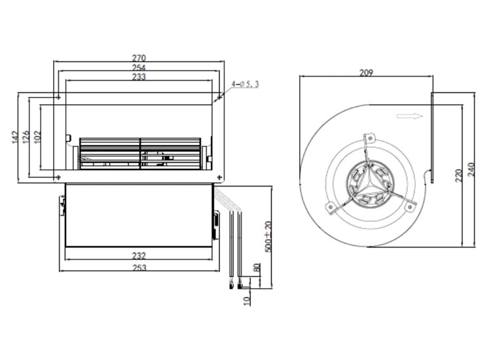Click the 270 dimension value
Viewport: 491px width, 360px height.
tap(139, 58)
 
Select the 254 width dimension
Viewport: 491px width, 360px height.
tap(139, 67)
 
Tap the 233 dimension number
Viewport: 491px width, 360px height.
tap(139, 77)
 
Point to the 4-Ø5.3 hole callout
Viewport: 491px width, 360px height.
tap(245, 84)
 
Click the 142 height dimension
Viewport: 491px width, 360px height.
tap(15, 137)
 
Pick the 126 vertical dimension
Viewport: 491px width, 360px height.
tap(26, 137)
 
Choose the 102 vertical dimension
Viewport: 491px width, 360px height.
tap(37, 137)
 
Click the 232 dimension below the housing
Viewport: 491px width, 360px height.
tap(139, 256)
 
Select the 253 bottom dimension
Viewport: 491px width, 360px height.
tap(139, 268)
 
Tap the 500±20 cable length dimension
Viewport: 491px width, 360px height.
tap(268, 236)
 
